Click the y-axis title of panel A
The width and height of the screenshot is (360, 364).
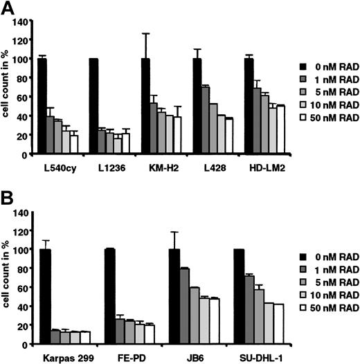6,89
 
